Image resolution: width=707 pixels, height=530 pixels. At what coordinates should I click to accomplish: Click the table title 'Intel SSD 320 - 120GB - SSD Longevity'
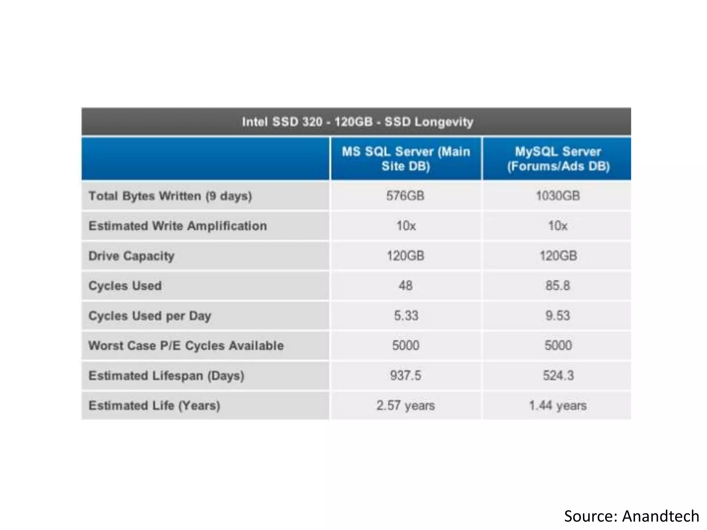pyautogui.click(x=357, y=122)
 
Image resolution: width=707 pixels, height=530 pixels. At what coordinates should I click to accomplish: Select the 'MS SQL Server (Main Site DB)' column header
pyautogui.click(x=406, y=159)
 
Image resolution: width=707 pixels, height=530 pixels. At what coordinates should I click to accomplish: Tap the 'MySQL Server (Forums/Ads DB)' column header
pyautogui.click(x=558, y=159)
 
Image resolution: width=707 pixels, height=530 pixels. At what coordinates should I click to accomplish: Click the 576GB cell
pyautogui.click(x=405, y=196)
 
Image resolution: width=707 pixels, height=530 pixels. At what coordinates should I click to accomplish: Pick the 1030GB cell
pyautogui.click(x=558, y=196)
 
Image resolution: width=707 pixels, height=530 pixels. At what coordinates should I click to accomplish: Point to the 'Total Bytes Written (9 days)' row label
pyautogui.click(x=170, y=196)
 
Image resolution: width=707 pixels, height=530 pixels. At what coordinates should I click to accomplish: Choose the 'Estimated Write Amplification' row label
pyautogui.click(x=177, y=226)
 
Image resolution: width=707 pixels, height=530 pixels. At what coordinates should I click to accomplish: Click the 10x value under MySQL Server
pyautogui.click(x=558, y=226)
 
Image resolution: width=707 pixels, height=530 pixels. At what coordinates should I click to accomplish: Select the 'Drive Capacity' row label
pyautogui.click(x=132, y=256)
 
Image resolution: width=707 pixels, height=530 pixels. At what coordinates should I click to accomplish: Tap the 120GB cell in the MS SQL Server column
pyautogui.click(x=405, y=256)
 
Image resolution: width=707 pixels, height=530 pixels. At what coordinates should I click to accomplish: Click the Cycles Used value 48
pyautogui.click(x=406, y=286)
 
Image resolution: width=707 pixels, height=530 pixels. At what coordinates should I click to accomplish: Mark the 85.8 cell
pyautogui.click(x=558, y=286)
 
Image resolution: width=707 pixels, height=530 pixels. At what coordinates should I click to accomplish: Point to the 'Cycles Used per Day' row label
pyautogui.click(x=150, y=316)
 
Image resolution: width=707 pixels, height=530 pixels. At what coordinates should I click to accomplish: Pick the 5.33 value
pyautogui.click(x=406, y=316)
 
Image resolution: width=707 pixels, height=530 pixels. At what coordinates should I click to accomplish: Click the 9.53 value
pyautogui.click(x=558, y=316)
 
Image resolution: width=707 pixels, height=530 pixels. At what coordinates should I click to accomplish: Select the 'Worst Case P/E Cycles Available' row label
pyautogui.click(x=186, y=346)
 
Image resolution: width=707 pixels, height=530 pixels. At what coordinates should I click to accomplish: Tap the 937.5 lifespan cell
pyautogui.click(x=406, y=375)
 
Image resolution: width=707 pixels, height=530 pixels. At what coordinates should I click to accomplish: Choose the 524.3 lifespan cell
pyautogui.click(x=558, y=375)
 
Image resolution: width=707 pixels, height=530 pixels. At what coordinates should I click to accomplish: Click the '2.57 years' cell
pyautogui.click(x=406, y=405)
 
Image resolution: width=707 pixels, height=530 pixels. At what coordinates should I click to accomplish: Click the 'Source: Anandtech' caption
pyautogui.click(x=631, y=516)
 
